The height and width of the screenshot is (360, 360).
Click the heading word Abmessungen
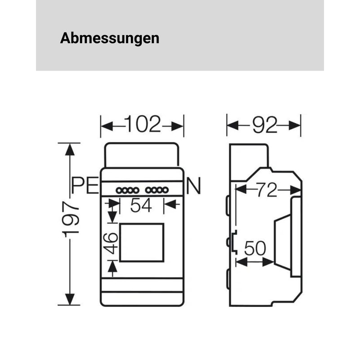(x=109, y=38)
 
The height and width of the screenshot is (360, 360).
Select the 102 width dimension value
(x=142, y=125)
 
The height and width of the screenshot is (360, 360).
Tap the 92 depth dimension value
(x=264, y=126)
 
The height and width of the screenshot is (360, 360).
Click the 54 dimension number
(x=141, y=206)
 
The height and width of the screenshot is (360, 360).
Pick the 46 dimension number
(x=111, y=243)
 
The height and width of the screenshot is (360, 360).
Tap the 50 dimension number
(x=255, y=249)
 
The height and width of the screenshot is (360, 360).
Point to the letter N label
(x=193, y=186)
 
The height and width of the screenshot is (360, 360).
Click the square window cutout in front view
(x=141, y=242)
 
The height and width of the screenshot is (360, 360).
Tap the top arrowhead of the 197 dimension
(x=70, y=149)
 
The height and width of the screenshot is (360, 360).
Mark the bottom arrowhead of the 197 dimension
(x=70, y=299)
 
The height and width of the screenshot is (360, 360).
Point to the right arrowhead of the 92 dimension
(x=295, y=125)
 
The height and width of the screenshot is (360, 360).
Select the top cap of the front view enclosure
(x=142, y=155)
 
